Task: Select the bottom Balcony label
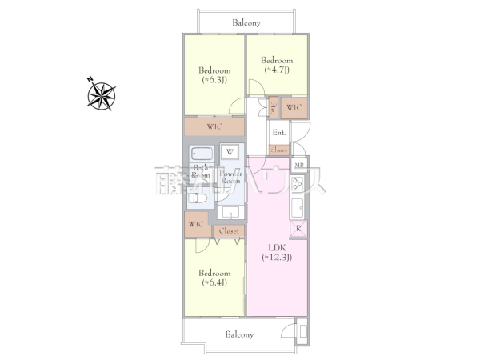click(x=239, y=334)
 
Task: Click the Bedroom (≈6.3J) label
click(x=214, y=74)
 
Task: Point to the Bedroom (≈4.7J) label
click(x=276, y=65)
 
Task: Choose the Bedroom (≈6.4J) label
click(x=214, y=278)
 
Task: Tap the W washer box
click(x=230, y=152)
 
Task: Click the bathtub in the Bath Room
click(x=201, y=155)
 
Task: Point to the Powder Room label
click(x=230, y=178)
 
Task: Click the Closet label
click(x=229, y=230)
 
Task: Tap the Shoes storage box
click(x=279, y=150)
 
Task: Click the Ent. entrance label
click(x=278, y=133)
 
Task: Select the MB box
click(x=298, y=166)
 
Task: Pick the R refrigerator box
click(x=298, y=229)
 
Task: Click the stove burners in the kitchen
click(x=297, y=185)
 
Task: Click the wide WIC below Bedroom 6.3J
click(x=214, y=127)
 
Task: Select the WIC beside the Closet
click(x=196, y=225)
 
